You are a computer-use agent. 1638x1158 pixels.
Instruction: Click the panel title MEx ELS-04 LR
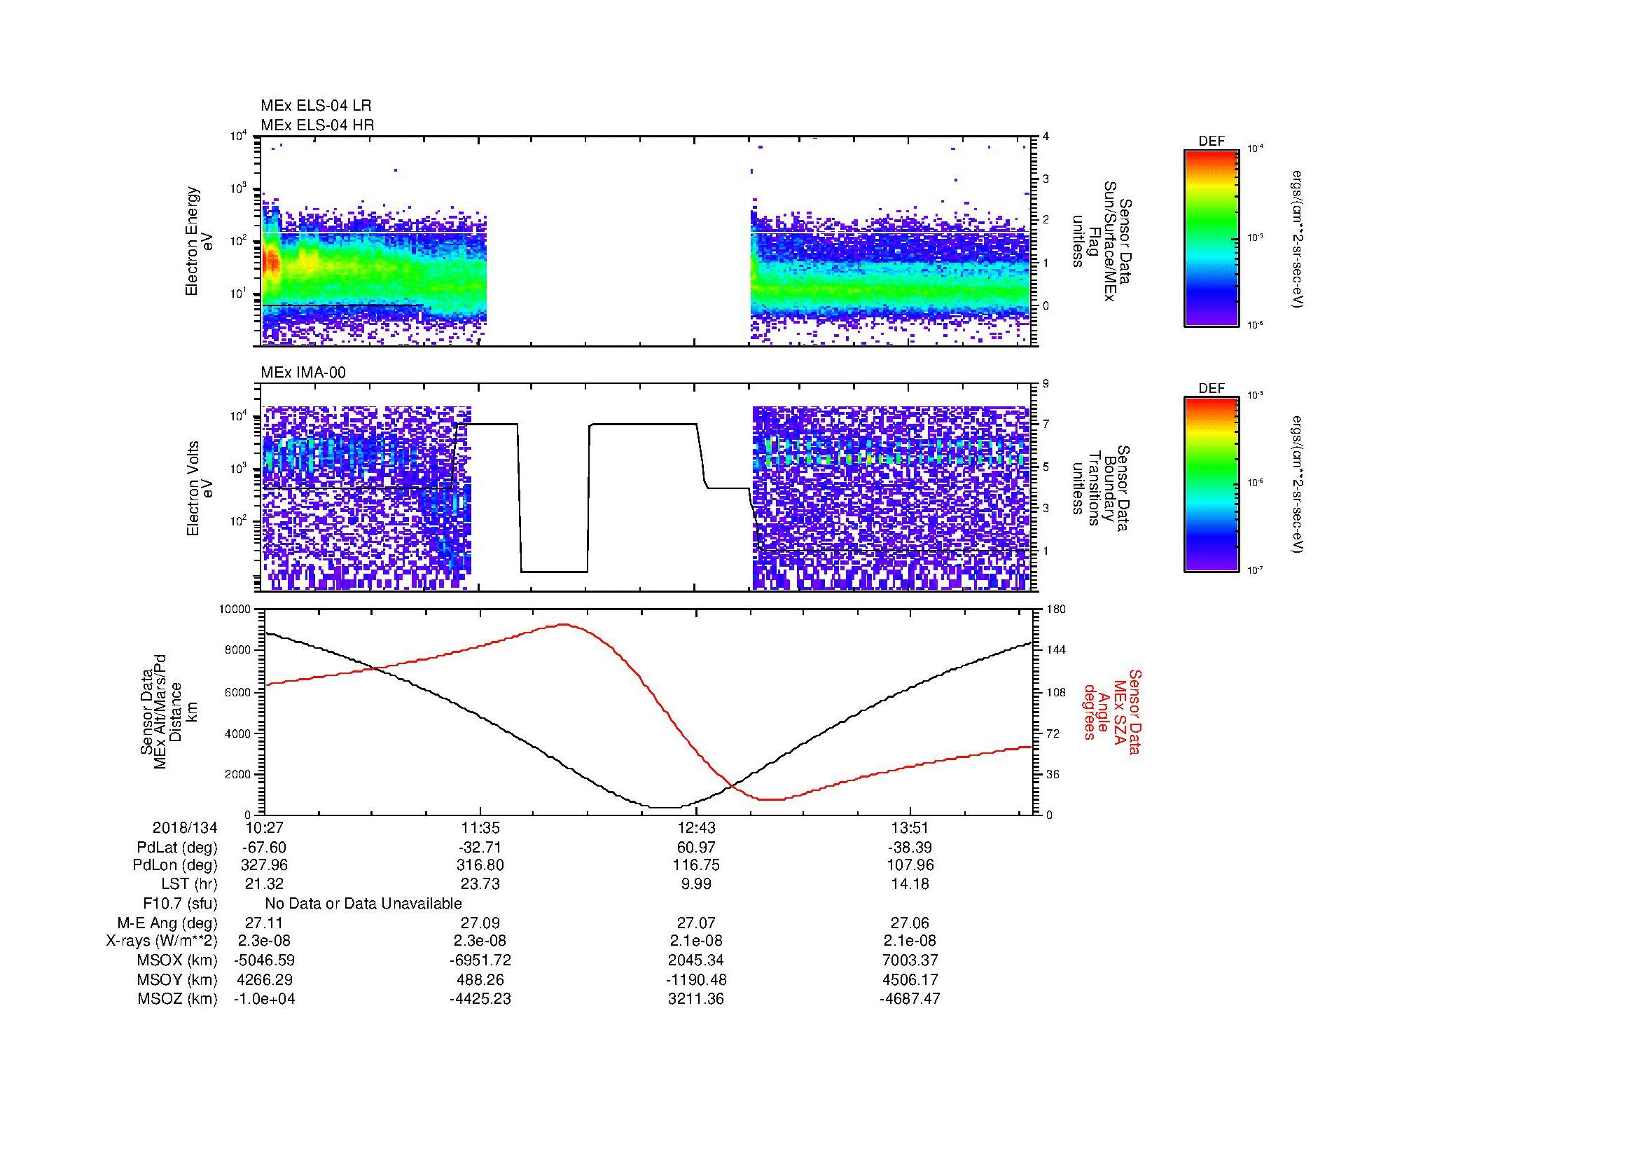(x=315, y=106)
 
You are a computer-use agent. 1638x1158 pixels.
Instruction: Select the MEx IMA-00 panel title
(x=303, y=373)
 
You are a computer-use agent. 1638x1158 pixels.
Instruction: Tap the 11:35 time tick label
(x=480, y=828)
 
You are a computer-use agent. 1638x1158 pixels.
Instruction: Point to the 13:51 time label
(x=910, y=828)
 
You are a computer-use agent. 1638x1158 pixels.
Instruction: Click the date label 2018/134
(x=184, y=828)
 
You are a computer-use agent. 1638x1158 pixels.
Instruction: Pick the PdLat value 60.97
(x=696, y=848)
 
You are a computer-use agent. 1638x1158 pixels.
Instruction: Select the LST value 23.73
(x=480, y=884)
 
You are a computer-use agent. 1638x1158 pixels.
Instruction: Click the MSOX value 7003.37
(x=910, y=960)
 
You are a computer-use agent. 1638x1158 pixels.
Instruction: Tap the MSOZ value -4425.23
(x=480, y=999)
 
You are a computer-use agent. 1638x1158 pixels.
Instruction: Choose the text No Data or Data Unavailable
(x=363, y=904)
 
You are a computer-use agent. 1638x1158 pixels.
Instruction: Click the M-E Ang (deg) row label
(x=167, y=923)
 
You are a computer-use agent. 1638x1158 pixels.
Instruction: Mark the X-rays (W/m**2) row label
(x=161, y=941)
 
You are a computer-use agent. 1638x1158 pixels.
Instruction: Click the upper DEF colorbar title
(x=1212, y=142)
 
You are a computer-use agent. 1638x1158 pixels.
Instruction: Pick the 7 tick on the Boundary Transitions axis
(x=1046, y=425)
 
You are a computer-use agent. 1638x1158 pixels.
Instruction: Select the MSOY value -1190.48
(x=696, y=979)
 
